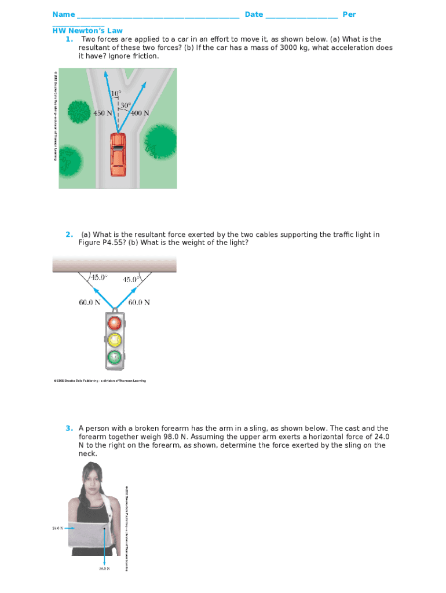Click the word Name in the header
(x=64, y=14)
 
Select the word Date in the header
(x=254, y=14)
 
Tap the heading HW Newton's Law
(x=87, y=31)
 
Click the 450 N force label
(x=103, y=114)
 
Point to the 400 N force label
(x=139, y=114)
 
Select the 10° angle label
(x=116, y=93)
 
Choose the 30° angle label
(x=126, y=105)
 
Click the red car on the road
(x=118, y=153)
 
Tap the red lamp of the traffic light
(x=116, y=322)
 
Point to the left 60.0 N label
(x=90, y=302)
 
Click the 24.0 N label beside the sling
(x=57, y=528)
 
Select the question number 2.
(x=69, y=235)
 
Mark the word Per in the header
(x=349, y=14)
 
